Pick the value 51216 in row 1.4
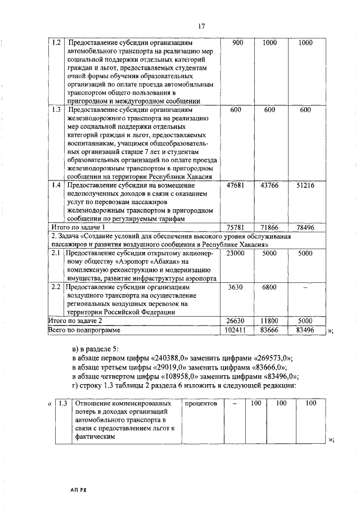point(305,186)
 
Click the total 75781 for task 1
point(237,227)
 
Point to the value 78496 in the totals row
point(305,227)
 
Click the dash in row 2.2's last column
point(305,287)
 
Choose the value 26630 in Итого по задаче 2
point(237,320)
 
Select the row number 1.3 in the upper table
point(56,110)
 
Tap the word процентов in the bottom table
point(201,404)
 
